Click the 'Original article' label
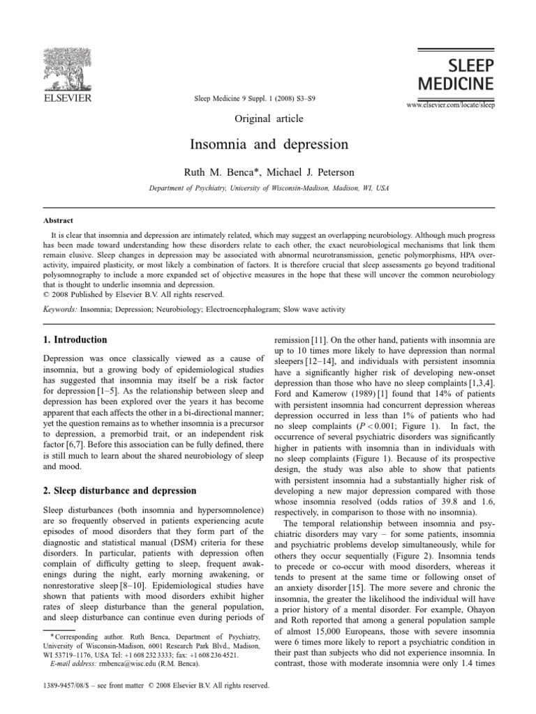click(267, 119)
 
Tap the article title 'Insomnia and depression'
click(268, 146)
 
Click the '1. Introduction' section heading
click(75, 340)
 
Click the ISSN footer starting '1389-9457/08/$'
click(156, 685)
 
